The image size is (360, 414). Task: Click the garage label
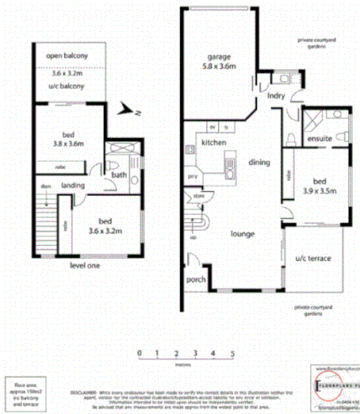coord(218,57)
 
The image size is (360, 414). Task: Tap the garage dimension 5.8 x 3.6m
coord(218,68)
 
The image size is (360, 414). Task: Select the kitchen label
coord(213,143)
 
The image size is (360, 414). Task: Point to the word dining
coord(259,162)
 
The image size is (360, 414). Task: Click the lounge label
coord(242,234)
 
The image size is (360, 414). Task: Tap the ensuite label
coord(320,139)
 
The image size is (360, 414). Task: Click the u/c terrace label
coord(312,259)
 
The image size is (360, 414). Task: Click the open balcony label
coord(67,56)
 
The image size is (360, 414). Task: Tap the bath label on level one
coord(120,174)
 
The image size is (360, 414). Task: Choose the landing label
coord(73,185)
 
